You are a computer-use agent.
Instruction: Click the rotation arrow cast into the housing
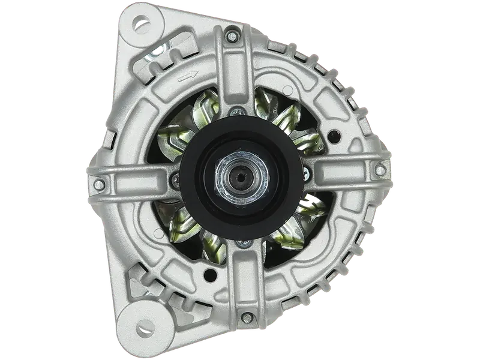point(187,76)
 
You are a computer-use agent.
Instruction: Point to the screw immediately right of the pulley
point(307,176)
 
